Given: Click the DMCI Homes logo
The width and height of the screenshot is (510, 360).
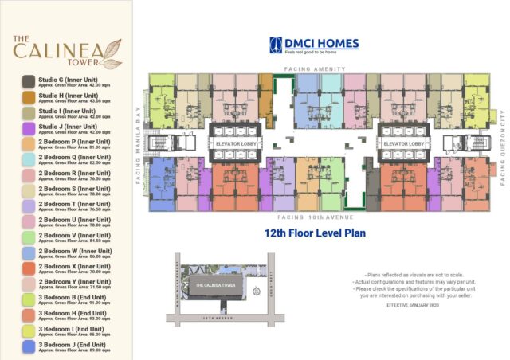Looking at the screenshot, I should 313,45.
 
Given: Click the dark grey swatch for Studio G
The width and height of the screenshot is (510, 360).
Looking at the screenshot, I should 28,81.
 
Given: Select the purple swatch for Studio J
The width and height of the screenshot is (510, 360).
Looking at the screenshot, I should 28,127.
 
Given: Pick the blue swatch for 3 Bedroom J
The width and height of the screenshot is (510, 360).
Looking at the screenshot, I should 28,345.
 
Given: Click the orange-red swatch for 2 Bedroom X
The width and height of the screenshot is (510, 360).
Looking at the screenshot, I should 28,268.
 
